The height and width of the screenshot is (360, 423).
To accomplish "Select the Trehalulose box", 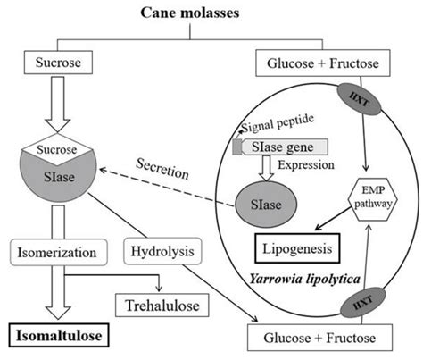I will coord(165,306).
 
